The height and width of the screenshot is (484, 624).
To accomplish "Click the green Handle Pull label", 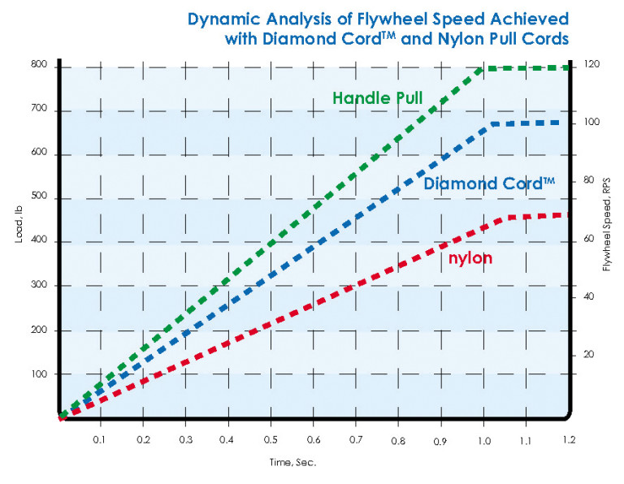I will click(379, 98).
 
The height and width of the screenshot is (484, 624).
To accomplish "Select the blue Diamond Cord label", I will click(489, 184).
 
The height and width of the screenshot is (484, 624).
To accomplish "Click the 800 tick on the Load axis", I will click(38, 66).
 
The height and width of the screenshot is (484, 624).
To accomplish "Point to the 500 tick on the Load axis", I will click(38, 198).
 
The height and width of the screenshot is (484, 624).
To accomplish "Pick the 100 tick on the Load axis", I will click(38, 374).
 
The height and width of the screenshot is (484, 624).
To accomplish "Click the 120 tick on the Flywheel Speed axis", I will click(590, 64).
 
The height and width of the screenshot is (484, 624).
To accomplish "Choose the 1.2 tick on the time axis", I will click(569, 439).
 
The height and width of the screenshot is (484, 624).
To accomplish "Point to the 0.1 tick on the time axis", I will click(100, 439).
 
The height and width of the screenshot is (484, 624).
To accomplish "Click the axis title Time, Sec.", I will click(293, 462).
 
